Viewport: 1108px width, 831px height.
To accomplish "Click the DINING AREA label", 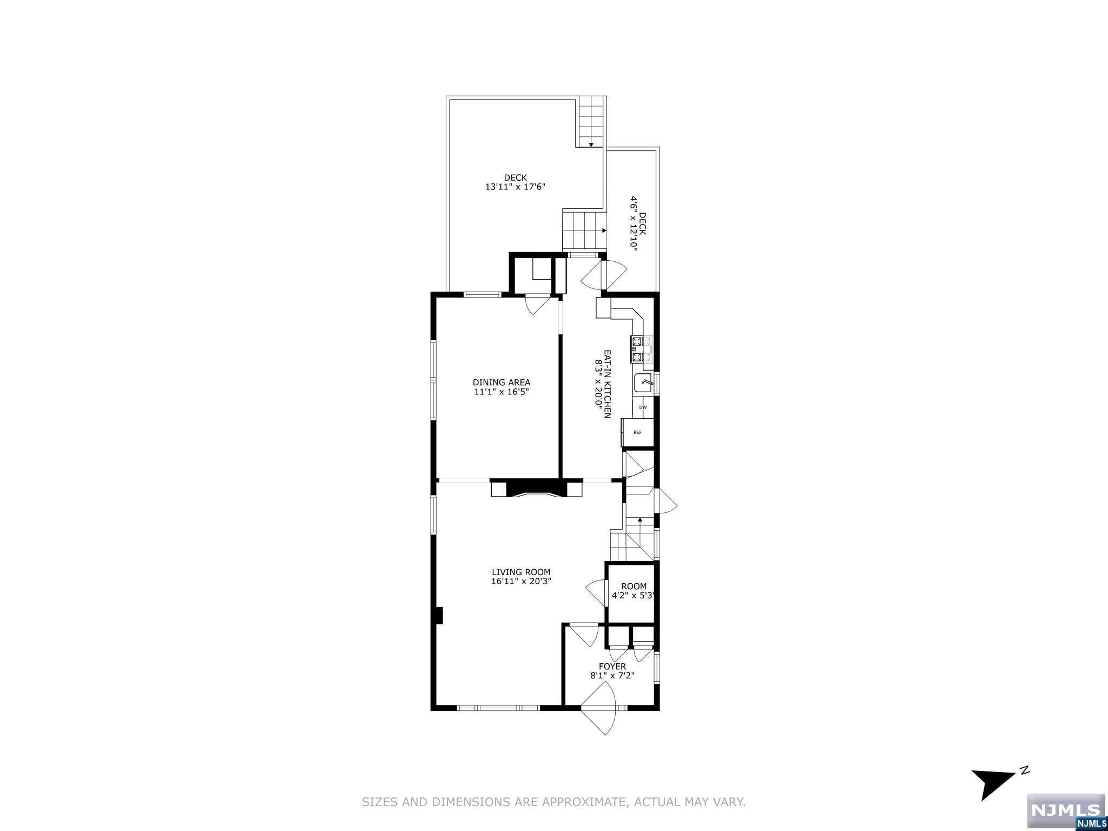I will click(x=501, y=382).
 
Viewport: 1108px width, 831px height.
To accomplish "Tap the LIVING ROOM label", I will click(x=520, y=572).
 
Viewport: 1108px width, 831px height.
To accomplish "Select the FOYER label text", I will click(x=612, y=667).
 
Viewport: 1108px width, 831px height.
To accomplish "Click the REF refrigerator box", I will click(x=637, y=432).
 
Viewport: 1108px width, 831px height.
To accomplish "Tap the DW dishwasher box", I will click(x=643, y=407).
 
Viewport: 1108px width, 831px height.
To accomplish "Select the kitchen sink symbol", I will click(x=644, y=383).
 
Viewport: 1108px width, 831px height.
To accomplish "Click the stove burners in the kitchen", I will click(x=638, y=349).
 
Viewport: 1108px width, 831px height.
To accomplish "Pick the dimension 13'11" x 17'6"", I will click(x=515, y=187).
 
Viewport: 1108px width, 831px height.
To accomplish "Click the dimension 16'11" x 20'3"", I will click(x=521, y=582).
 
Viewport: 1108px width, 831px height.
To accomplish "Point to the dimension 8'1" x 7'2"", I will click(x=612, y=676).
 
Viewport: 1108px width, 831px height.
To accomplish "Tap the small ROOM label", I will click(x=633, y=586).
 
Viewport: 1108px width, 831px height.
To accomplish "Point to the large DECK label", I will click(x=515, y=177).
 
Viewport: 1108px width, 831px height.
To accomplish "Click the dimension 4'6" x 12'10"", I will click(x=633, y=229).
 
